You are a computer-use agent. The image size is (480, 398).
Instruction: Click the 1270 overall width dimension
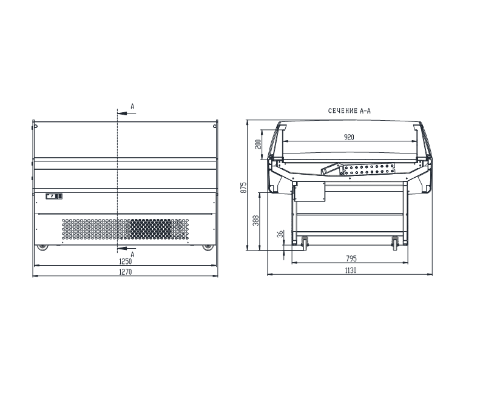125,272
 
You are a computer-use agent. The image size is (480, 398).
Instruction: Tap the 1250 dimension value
125,261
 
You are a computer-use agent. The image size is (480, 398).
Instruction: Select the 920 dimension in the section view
349,137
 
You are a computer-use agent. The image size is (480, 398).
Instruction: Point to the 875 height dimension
244,187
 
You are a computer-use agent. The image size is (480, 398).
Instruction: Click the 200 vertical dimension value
258,144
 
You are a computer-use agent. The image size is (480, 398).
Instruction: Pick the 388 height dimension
256,220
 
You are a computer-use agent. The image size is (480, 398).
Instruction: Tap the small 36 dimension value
280,234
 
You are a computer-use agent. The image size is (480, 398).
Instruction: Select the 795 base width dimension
351,258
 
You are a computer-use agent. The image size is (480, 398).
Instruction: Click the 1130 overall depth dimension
351,271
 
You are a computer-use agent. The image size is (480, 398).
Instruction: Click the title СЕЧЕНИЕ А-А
350,111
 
